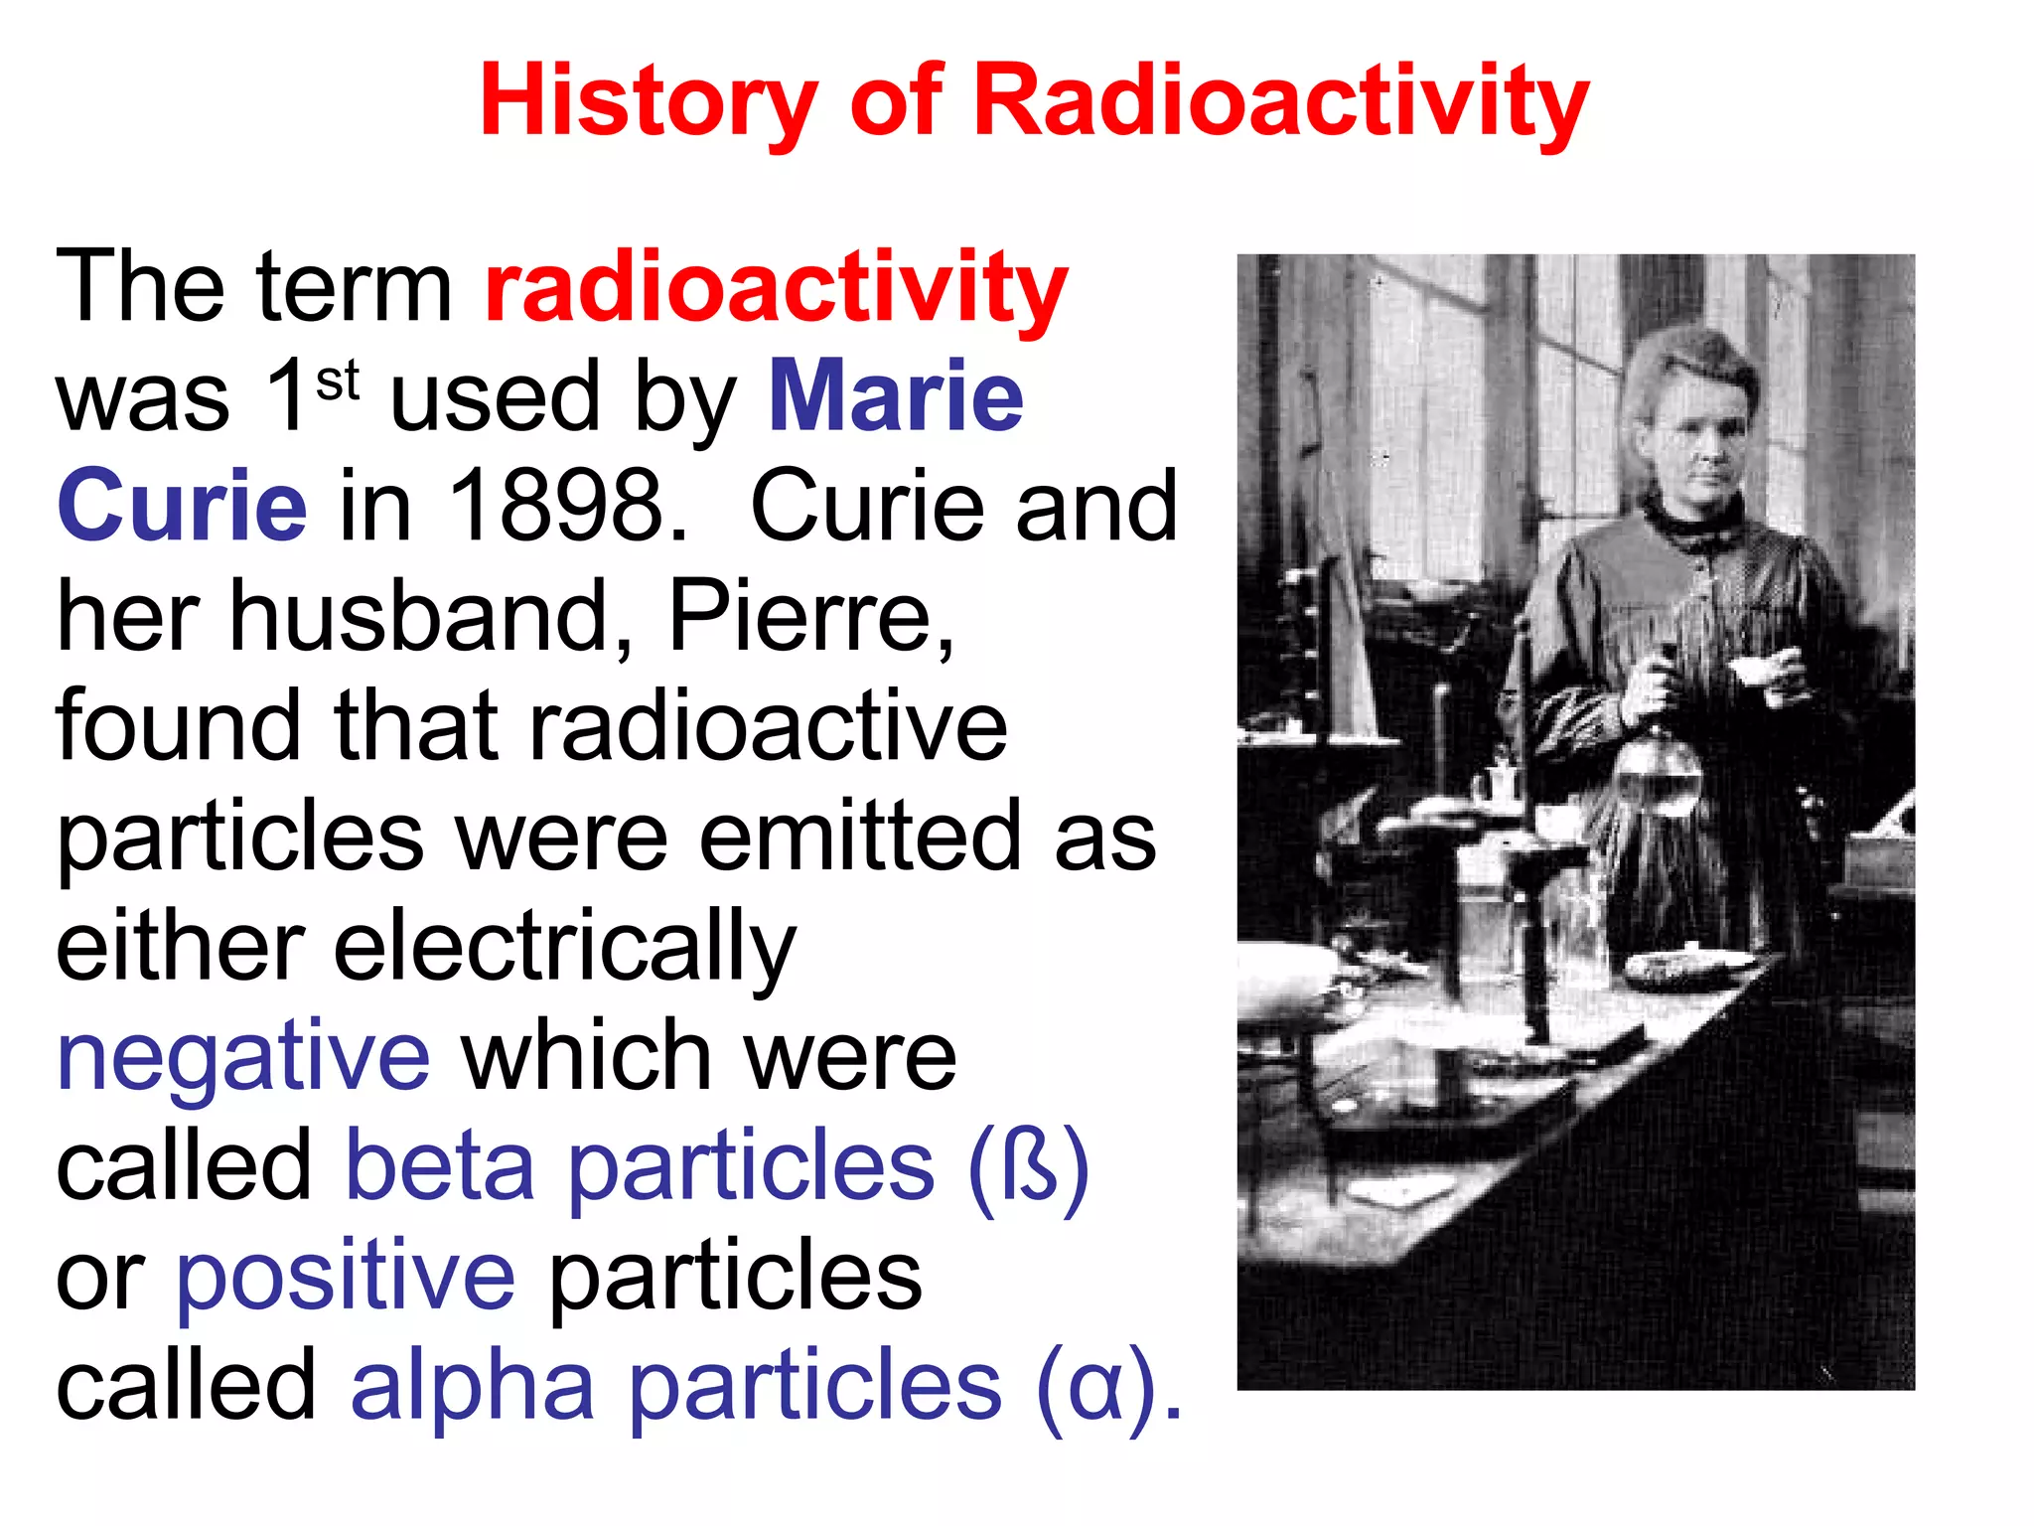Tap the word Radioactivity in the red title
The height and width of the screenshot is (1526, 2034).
[x=1281, y=101]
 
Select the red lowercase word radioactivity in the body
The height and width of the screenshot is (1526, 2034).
[x=776, y=288]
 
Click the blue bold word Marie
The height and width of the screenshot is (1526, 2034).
[x=896, y=396]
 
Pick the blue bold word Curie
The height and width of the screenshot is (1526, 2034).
[x=182, y=506]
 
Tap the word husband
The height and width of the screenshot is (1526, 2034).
[x=431, y=616]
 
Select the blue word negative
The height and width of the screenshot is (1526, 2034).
[x=243, y=1058]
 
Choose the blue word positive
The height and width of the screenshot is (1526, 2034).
[x=346, y=1277]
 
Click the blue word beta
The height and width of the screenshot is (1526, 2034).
[x=440, y=1167]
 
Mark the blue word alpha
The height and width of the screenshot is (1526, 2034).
[x=473, y=1386]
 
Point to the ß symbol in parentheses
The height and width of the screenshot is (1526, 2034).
[x=1030, y=1167]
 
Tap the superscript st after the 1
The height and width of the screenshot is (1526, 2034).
[x=338, y=381]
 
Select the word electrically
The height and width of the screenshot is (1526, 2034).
[x=564, y=949]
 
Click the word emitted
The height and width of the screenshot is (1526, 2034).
[x=860, y=837]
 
